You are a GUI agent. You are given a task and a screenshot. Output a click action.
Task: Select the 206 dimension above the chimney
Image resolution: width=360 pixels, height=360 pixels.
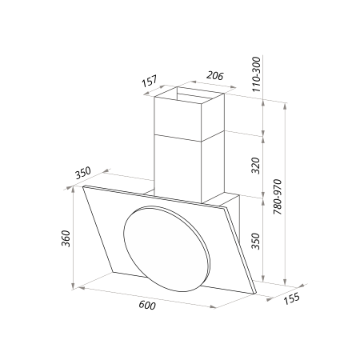(212, 77)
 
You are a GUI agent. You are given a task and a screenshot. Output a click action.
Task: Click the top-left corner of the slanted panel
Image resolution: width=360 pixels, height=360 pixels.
(83, 186)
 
